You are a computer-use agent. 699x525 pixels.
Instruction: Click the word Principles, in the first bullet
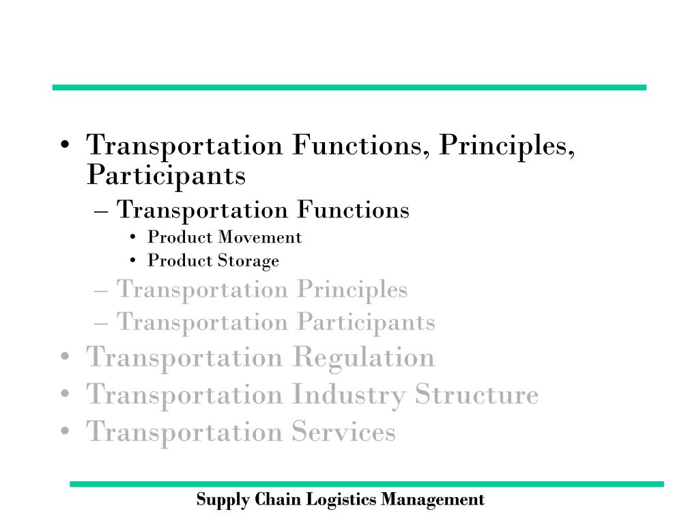click(x=507, y=146)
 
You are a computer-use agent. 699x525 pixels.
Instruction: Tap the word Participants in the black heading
click(x=167, y=176)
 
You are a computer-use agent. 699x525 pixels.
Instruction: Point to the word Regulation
click(x=364, y=358)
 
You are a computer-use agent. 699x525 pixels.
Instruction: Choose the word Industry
click(x=349, y=395)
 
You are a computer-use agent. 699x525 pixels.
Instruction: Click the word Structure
click(x=476, y=394)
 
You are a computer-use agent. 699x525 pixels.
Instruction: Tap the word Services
click(x=344, y=432)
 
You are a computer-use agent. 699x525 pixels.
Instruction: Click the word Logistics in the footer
click(x=341, y=500)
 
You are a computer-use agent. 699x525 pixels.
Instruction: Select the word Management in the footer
click(x=432, y=499)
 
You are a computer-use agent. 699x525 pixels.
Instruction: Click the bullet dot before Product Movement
click(x=132, y=237)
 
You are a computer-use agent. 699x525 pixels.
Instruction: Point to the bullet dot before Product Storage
click(x=132, y=260)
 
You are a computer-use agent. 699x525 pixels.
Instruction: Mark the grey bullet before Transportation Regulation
click(x=65, y=357)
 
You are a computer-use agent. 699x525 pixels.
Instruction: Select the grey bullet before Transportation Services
click(x=65, y=431)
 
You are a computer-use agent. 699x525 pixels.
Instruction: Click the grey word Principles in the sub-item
click(x=352, y=290)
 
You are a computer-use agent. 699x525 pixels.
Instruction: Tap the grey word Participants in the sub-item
click(x=366, y=323)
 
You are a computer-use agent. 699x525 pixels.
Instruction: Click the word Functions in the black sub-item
click(x=353, y=210)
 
